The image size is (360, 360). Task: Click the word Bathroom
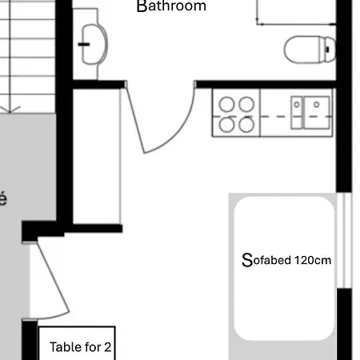pyautogui.click(x=171, y=6)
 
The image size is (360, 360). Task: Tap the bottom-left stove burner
pyautogui.click(x=227, y=124)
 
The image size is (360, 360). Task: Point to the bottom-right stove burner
pyautogui.click(x=246, y=124)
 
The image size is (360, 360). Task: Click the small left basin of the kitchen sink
pyautogui.click(x=298, y=103)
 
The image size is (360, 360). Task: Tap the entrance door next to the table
pyautogui.click(x=48, y=280)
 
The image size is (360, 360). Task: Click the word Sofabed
pyautogui.click(x=266, y=260)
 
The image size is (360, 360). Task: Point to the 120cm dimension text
pyautogui.click(x=313, y=260)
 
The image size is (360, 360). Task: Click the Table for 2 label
pyautogui.click(x=80, y=347)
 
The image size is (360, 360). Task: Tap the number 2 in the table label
pyautogui.click(x=107, y=347)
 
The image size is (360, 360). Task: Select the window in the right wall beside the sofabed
pyautogui.click(x=345, y=240)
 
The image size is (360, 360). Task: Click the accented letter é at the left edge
pyautogui.click(x=3, y=198)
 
